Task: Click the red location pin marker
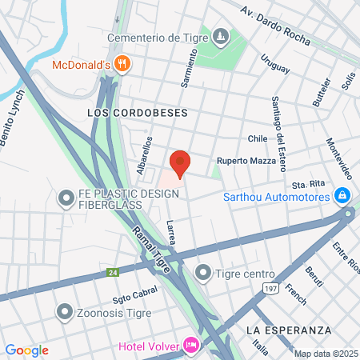tap(180, 163)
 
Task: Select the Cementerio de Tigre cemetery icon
tap(222, 36)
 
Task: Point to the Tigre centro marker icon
tap(204, 274)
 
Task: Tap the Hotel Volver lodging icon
tap(191, 346)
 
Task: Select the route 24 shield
tap(111, 274)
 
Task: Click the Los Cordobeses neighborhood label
tap(137, 114)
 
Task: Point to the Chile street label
tap(257, 138)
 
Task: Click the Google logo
tap(26, 350)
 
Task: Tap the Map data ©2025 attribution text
tap(326, 354)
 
